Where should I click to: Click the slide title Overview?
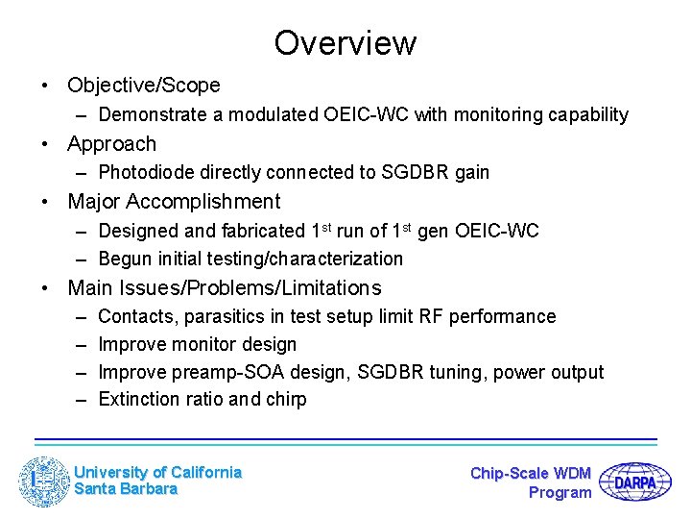click(345, 43)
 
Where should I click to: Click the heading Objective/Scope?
click(143, 86)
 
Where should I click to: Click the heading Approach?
click(111, 144)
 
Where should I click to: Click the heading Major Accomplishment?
click(174, 202)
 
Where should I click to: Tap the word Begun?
click(124, 259)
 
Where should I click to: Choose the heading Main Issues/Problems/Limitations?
click(224, 288)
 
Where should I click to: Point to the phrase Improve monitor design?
click(197, 344)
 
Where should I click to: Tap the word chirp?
click(284, 400)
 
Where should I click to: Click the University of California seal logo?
click(44, 482)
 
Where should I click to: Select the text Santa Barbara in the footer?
click(126, 489)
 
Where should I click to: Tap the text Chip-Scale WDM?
click(531, 473)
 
